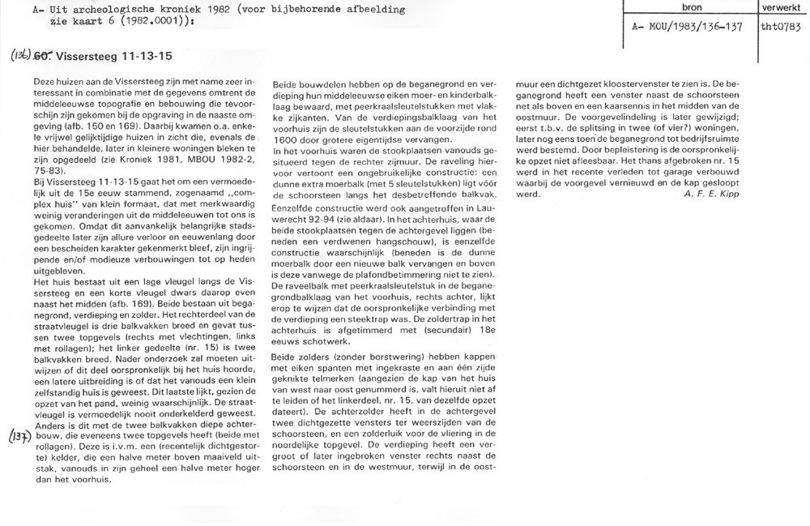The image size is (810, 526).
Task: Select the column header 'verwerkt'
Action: (x=782, y=7)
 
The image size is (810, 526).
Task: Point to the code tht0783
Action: (x=782, y=25)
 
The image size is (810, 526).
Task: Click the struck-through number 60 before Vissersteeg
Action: (x=45, y=58)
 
